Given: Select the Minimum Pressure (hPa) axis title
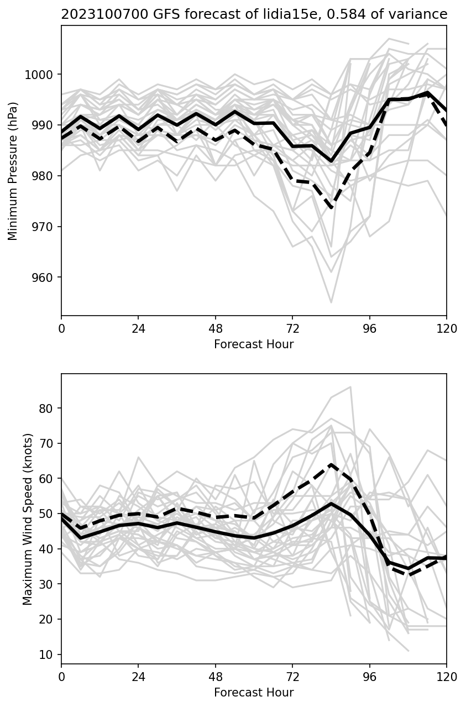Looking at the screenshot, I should click(13, 171).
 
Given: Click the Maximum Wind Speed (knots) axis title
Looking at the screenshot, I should click(28, 519).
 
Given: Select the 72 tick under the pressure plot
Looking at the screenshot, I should click(292, 328).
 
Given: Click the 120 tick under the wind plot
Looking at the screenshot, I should click(447, 676).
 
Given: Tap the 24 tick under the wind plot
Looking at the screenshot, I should click(138, 676).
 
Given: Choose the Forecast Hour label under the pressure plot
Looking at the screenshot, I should click(254, 344).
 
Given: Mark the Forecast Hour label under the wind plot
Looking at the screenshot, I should click(254, 693).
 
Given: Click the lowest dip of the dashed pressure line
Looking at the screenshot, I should click(331, 207).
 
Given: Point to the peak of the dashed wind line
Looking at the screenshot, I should click(331, 464).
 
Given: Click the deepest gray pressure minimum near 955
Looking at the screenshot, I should click(331, 302).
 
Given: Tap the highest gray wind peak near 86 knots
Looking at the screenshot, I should click(350, 387).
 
